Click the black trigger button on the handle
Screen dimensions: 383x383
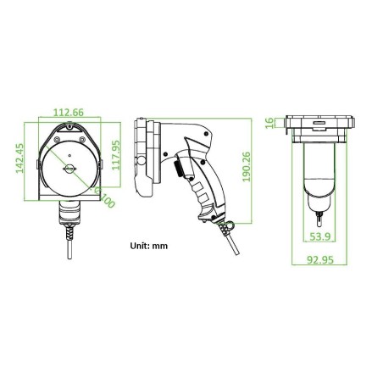[180, 172]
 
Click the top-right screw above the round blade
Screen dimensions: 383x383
[81, 128]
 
